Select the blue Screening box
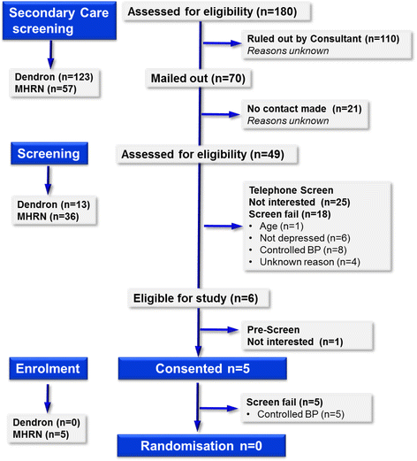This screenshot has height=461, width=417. point(49,153)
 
